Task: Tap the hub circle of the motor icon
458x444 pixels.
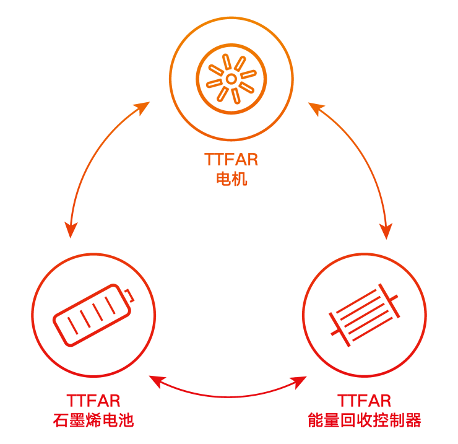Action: pyautogui.click(x=231, y=79)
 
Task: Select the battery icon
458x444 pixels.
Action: pyautogui.click(x=93, y=315)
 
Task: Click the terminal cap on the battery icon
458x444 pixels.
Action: pyautogui.click(x=129, y=295)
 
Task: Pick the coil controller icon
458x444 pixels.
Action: pyautogui.click(x=365, y=315)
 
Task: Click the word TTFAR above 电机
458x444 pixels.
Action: pyautogui.click(x=231, y=160)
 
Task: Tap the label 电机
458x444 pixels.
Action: pyautogui.click(x=231, y=179)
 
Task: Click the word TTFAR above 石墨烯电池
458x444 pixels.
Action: pyautogui.click(x=93, y=401)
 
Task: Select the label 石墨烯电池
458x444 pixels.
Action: pyautogui.click(x=93, y=420)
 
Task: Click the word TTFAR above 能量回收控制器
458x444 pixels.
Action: pyautogui.click(x=365, y=401)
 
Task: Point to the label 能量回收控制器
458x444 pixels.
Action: pyautogui.click(x=365, y=420)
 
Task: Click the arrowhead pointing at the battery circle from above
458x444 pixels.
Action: pyautogui.click(x=71, y=230)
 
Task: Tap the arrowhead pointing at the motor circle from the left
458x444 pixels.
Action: pyautogui.click(x=142, y=108)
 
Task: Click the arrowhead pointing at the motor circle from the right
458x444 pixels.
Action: pyautogui.click(x=317, y=108)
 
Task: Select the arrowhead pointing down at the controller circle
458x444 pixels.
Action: pyautogui.click(x=386, y=231)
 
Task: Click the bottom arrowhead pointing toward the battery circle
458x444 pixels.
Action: pyautogui.click(x=156, y=381)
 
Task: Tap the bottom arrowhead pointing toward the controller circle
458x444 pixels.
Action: pyautogui.click(x=299, y=382)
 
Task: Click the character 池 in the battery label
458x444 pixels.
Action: pyautogui.click(x=126, y=420)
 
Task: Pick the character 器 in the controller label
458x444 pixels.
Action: pyautogui.click(x=413, y=420)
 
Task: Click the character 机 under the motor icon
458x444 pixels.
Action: pyautogui.click(x=240, y=179)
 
